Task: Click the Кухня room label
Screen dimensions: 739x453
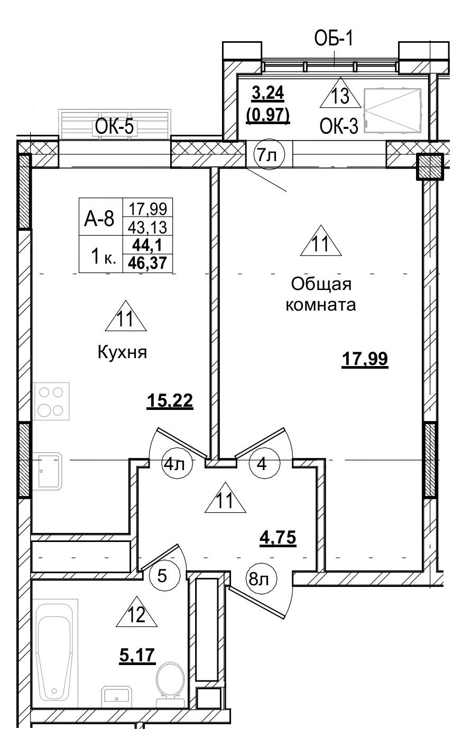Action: (122, 352)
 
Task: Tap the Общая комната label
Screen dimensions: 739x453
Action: (321, 294)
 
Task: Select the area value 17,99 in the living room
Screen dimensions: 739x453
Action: (365, 359)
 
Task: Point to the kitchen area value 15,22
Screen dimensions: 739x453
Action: (170, 401)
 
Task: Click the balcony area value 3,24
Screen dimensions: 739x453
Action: (268, 93)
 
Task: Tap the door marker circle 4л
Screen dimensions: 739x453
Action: (174, 464)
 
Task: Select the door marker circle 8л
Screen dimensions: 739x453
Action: (258, 580)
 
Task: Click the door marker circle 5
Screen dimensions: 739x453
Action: (162, 575)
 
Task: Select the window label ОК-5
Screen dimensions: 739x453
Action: (115, 127)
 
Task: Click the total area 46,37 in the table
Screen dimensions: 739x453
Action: (148, 264)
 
